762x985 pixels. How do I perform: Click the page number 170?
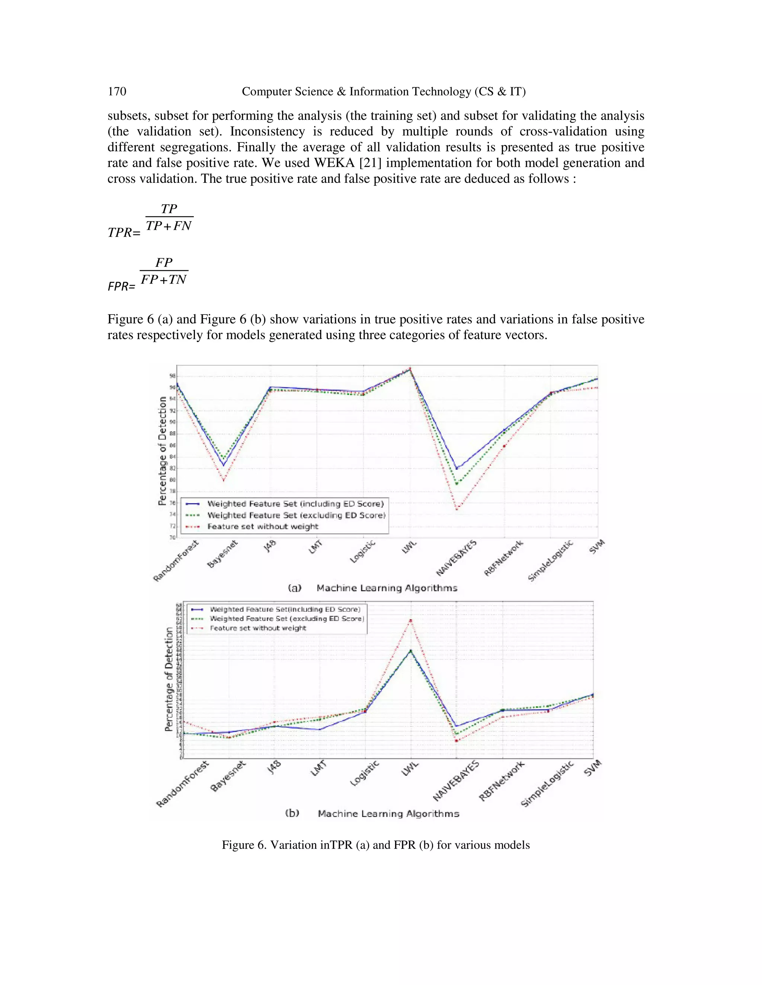117,91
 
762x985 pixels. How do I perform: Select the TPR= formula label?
124,233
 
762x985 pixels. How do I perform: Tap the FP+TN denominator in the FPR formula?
163,280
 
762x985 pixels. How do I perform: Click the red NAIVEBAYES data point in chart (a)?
457,509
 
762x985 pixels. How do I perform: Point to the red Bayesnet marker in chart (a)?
223,480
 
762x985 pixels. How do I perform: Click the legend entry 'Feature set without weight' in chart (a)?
262,526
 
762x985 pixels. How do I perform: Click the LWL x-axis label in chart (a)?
409,548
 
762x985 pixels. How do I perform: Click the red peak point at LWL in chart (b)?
410,620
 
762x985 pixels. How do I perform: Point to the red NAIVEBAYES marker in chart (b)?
457,740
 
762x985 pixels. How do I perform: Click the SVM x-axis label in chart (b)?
592,768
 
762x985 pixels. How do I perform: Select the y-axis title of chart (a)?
163,450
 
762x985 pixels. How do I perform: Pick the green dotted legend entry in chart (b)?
286,619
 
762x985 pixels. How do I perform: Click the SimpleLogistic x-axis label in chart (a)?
550,560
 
